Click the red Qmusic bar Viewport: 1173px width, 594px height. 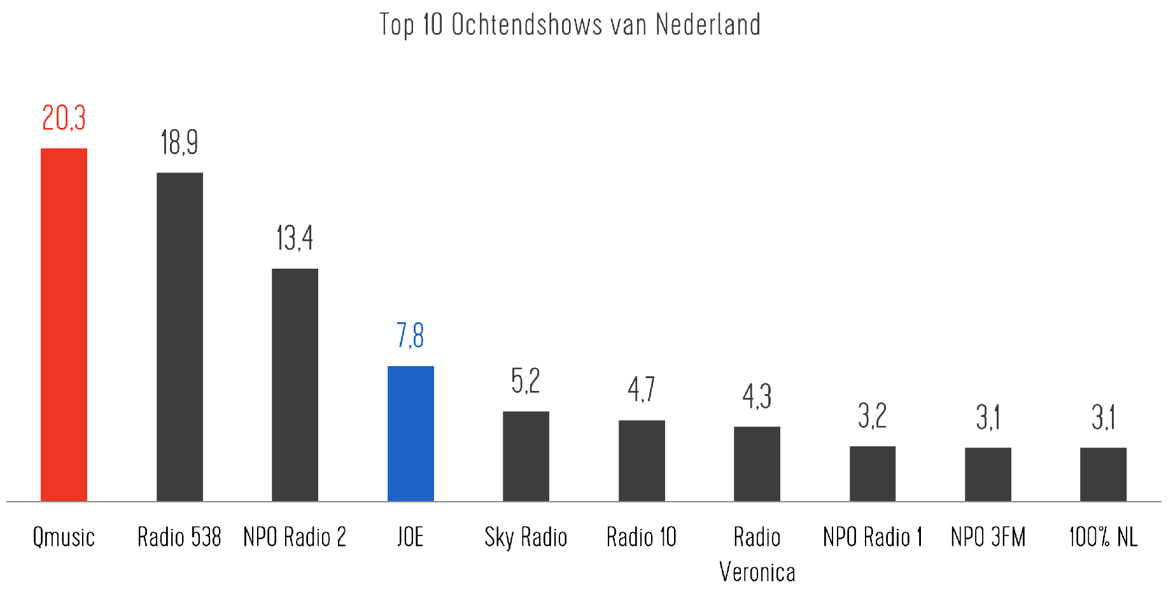click(x=64, y=325)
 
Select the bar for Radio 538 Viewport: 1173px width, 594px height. click(x=179, y=337)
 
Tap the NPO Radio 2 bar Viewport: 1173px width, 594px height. click(x=295, y=385)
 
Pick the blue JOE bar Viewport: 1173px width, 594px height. click(x=411, y=434)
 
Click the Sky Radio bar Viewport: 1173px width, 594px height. click(x=526, y=456)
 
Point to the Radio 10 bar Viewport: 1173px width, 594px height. click(x=642, y=460)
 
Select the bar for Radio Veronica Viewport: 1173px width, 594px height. click(x=757, y=463)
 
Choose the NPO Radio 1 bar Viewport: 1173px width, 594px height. click(x=872, y=474)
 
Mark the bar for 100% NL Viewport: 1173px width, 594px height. click(x=1103, y=474)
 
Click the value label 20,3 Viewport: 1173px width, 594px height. click(x=64, y=118)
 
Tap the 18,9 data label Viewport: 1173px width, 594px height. click(x=179, y=142)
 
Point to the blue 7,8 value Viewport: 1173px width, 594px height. click(x=411, y=336)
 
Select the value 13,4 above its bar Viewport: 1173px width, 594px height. click(x=295, y=238)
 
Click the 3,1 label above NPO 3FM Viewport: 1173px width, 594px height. click(x=988, y=418)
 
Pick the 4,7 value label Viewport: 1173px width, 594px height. click(x=642, y=389)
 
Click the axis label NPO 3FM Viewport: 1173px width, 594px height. click(x=988, y=537)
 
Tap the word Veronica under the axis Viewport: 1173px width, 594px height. click(x=757, y=572)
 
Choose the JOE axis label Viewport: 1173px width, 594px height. click(x=411, y=537)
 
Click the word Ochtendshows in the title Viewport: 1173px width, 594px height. click(x=526, y=25)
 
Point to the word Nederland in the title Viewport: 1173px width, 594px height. click(x=708, y=25)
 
